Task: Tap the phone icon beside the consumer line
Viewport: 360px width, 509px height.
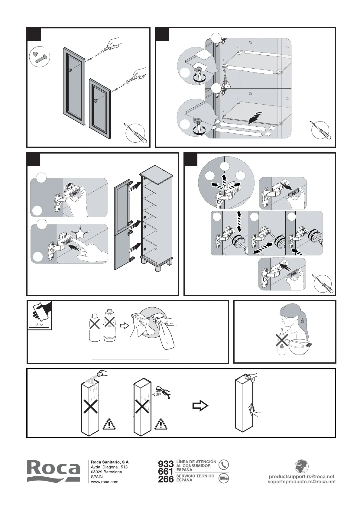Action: [x=223, y=465]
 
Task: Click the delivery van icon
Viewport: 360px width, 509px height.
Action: [x=223, y=478]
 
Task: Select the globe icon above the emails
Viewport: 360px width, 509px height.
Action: [x=301, y=466]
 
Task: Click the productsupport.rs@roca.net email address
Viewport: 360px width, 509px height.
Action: [x=302, y=477]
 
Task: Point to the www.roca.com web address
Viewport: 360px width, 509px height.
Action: [x=105, y=482]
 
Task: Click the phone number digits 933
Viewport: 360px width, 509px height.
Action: [x=166, y=464]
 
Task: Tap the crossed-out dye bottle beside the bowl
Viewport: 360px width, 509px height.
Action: [x=281, y=342]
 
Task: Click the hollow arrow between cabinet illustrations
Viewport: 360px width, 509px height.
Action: [x=200, y=406]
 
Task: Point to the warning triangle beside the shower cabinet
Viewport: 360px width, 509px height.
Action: [x=161, y=424]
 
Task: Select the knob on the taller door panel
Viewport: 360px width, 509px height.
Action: [x=70, y=70]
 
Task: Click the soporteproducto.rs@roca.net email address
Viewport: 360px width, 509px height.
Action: [x=302, y=482]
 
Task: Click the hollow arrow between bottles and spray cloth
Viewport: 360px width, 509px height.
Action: [x=124, y=326]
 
